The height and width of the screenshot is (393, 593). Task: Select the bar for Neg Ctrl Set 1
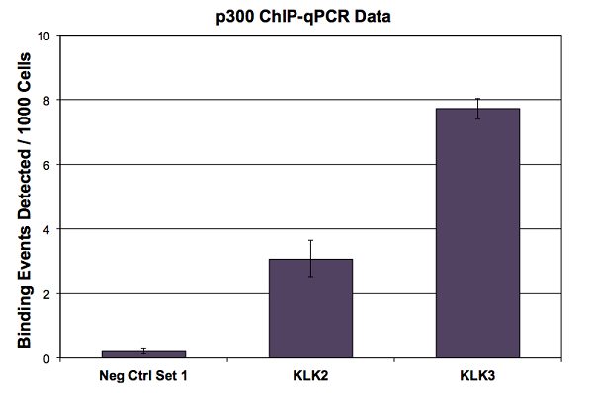[144, 354]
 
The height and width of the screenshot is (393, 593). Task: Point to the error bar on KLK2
[310, 258]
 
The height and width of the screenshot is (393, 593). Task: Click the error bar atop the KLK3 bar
[477, 108]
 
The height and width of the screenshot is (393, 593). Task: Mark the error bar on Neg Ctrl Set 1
[144, 351]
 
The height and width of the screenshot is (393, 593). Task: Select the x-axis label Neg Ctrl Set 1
[144, 376]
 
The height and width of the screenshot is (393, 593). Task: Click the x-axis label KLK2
[310, 376]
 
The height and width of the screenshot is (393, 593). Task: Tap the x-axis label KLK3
[477, 376]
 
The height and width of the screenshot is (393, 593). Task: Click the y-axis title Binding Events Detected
[22, 197]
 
